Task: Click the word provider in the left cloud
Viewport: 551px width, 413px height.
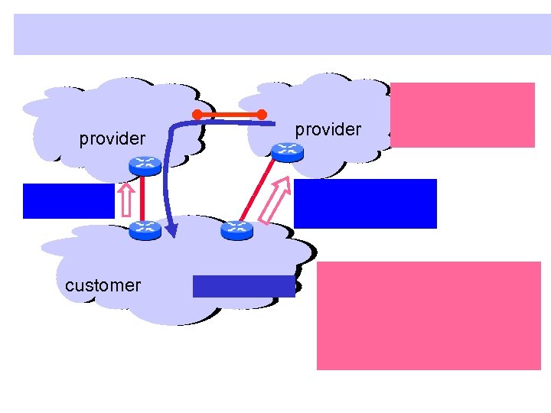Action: click(x=112, y=138)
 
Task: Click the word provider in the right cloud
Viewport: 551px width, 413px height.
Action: click(x=328, y=129)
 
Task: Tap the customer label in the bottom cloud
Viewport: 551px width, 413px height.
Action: click(x=103, y=285)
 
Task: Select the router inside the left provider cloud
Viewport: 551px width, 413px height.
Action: click(x=143, y=164)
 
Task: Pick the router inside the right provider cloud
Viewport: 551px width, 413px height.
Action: click(x=287, y=151)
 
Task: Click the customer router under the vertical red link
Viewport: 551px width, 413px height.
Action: click(x=143, y=228)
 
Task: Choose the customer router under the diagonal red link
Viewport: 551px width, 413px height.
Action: click(x=236, y=228)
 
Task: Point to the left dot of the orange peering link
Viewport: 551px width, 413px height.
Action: click(x=197, y=115)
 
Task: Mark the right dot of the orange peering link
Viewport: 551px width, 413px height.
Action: click(x=262, y=115)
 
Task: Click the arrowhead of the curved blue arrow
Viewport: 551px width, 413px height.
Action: click(x=173, y=229)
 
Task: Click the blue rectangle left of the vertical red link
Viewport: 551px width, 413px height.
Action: click(x=68, y=201)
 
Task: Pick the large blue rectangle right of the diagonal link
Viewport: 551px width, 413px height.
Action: click(x=365, y=203)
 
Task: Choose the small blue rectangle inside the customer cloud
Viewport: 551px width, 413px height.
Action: click(x=243, y=286)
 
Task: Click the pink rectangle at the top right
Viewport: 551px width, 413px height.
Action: click(x=462, y=115)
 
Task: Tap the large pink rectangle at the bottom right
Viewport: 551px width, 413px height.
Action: click(x=429, y=316)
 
